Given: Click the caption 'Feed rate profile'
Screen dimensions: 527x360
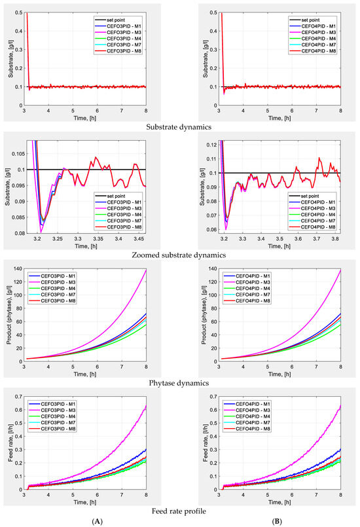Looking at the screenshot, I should pos(179,509).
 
